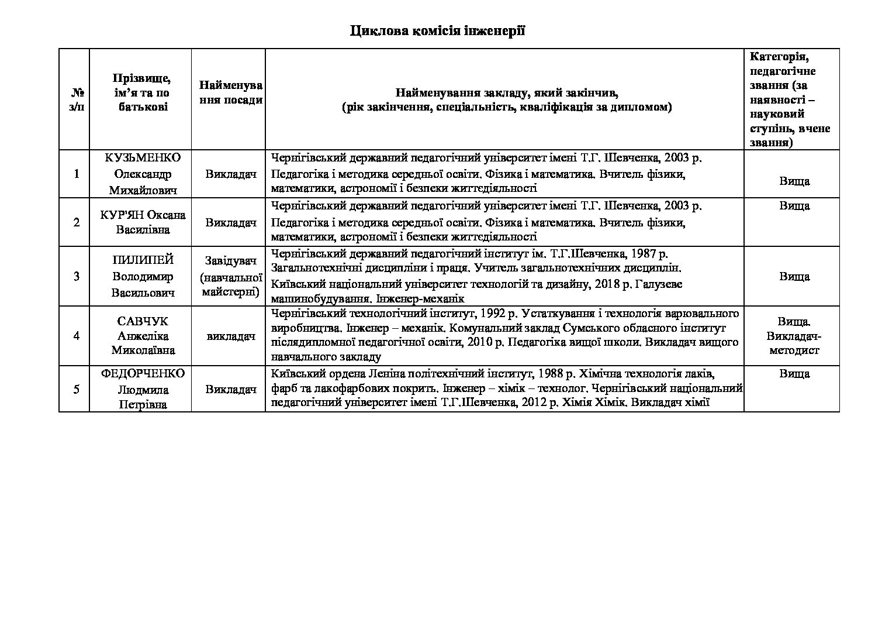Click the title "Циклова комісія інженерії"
pyautogui.click(x=437, y=31)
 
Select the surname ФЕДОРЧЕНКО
pyautogui.click(x=143, y=374)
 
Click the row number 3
pyautogui.click(x=76, y=276)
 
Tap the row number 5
pyautogui.click(x=76, y=389)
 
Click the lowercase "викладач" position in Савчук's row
pyautogui.click(x=231, y=336)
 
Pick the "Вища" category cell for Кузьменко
pyautogui.click(x=794, y=181)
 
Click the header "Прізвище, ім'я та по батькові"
pyautogui.click(x=141, y=92)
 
